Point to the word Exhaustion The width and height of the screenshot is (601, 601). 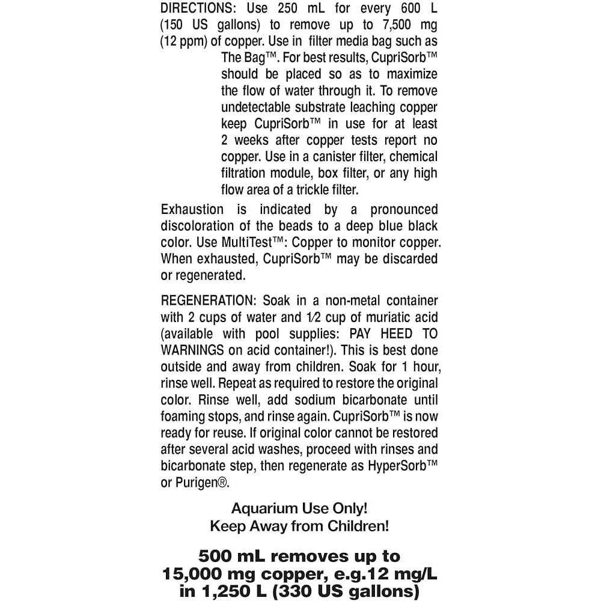click(x=192, y=210)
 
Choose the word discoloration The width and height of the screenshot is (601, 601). click(x=200, y=227)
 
